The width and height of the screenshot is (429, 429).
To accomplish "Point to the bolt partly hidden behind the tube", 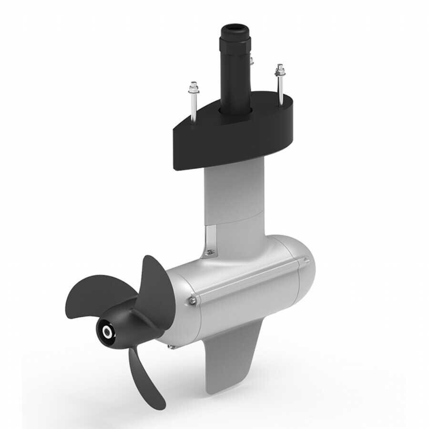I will pyautogui.click(x=251, y=61).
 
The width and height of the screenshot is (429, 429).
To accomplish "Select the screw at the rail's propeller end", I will pyautogui.click(x=192, y=300).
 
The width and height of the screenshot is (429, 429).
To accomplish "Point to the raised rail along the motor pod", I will pyautogui.click(x=248, y=281).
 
